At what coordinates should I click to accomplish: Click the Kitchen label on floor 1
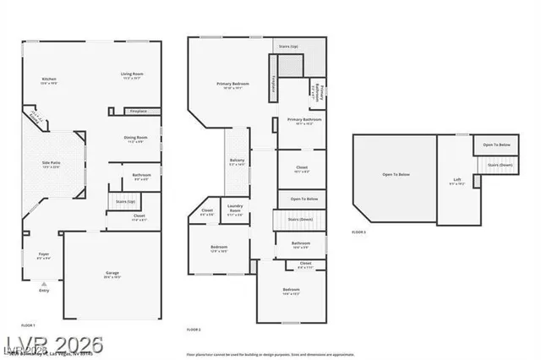pos(48,80)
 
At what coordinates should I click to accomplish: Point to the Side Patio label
pos(52,163)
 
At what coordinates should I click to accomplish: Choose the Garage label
pos(112,273)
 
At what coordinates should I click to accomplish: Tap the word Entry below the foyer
pos(44,292)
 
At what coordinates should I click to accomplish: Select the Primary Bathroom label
pos(300,121)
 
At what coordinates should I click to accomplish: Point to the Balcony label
pos(238,161)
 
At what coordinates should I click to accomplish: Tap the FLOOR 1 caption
pos(28,325)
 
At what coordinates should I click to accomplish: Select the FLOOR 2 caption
pos(194,329)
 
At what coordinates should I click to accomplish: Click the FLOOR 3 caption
pos(359,232)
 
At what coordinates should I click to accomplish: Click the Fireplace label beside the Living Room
pos(139,112)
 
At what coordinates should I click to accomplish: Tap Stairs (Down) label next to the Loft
pos(500,165)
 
